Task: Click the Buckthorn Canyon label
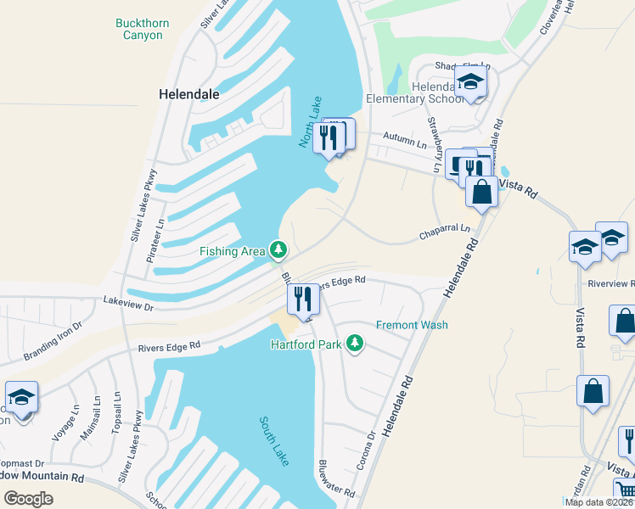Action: (x=142, y=29)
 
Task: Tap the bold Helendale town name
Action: (x=190, y=95)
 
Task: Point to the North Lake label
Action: (x=311, y=123)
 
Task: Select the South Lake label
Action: (x=276, y=440)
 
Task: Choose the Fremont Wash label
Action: (x=412, y=325)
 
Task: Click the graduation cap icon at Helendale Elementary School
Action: (x=469, y=83)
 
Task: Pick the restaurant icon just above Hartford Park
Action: (x=302, y=298)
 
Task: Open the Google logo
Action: (x=29, y=499)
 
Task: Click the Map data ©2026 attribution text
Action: (x=598, y=502)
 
